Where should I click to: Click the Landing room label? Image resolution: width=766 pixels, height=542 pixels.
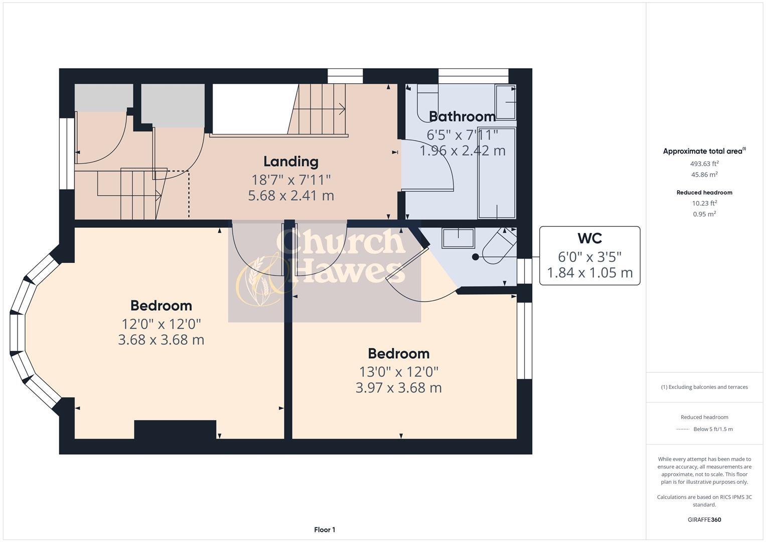(x=291, y=162)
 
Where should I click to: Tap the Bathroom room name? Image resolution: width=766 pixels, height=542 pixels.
(x=462, y=116)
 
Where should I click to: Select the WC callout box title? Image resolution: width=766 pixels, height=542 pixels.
(x=589, y=238)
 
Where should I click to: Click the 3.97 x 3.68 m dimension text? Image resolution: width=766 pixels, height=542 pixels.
(x=398, y=388)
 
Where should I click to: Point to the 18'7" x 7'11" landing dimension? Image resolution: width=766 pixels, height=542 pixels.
(x=291, y=180)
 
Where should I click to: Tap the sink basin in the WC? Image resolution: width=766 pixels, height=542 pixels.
(x=457, y=238)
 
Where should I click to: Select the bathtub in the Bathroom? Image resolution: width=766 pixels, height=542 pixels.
(x=497, y=173)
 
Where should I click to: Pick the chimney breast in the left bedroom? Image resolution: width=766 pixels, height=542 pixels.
(x=175, y=430)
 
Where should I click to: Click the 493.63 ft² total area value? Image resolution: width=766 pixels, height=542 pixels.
(x=704, y=164)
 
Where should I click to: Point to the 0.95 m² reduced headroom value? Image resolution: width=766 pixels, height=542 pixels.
(x=704, y=214)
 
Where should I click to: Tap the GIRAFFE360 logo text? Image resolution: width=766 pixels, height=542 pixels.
(x=704, y=519)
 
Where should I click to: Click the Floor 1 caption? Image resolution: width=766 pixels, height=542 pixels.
(x=325, y=529)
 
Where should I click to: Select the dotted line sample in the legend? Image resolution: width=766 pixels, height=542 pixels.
(x=683, y=429)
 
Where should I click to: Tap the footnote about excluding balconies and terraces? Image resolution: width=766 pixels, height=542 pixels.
(x=704, y=387)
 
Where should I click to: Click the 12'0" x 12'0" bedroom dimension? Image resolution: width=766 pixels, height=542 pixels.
(x=161, y=324)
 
